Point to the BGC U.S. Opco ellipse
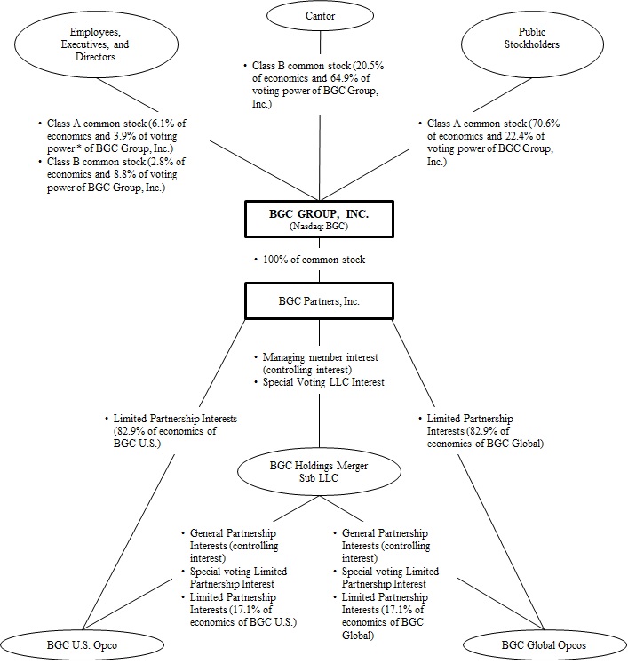(75, 642)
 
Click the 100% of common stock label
(319, 260)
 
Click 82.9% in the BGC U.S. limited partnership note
(129, 430)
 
